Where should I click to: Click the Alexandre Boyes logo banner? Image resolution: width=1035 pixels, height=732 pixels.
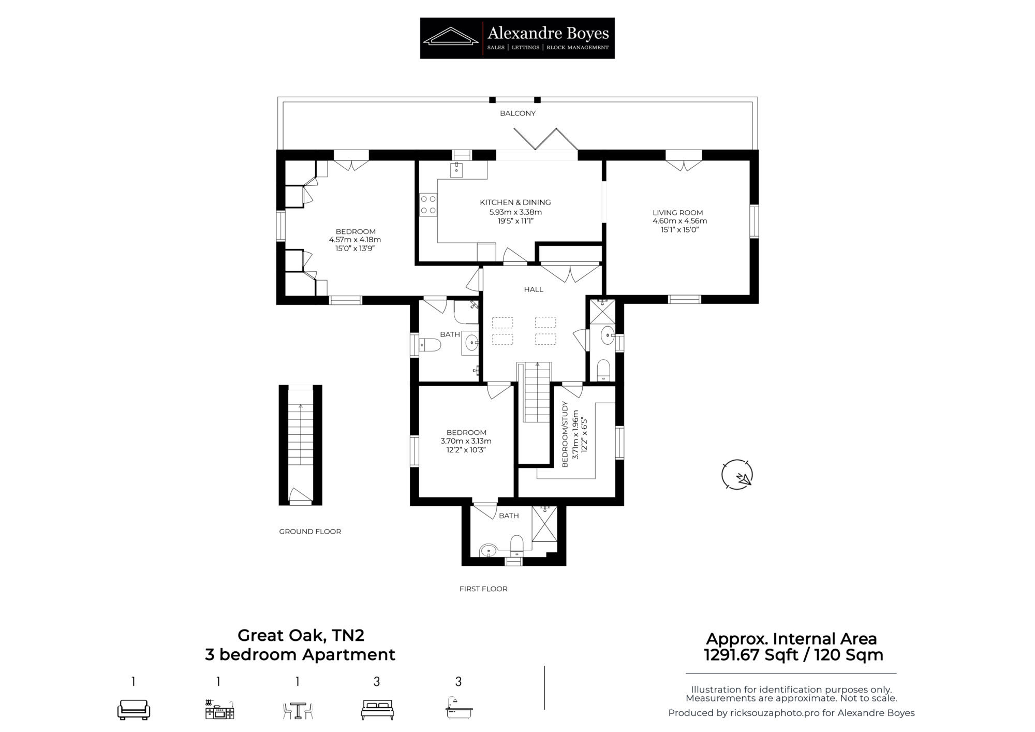pyautogui.click(x=517, y=38)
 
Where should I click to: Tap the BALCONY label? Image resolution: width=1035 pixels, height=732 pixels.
pyautogui.click(x=517, y=113)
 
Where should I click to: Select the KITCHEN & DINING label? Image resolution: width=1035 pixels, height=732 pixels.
pyautogui.click(x=515, y=202)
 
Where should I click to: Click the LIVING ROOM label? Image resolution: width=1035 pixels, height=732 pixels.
pyautogui.click(x=677, y=212)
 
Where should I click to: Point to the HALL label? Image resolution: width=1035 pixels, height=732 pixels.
pyautogui.click(x=534, y=289)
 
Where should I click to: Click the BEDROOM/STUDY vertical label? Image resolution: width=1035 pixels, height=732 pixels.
pyautogui.click(x=565, y=434)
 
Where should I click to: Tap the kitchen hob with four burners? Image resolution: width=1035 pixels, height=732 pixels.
pyautogui.click(x=428, y=204)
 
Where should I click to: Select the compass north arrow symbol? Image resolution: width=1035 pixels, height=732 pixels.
pyautogui.click(x=737, y=475)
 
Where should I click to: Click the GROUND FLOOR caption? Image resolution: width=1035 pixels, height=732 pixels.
pyautogui.click(x=310, y=531)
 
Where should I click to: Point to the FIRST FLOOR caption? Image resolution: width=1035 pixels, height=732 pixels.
pyautogui.click(x=483, y=589)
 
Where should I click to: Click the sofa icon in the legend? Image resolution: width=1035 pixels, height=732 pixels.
pyautogui.click(x=134, y=709)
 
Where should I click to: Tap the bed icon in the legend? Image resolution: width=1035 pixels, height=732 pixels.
pyautogui.click(x=377, y=709)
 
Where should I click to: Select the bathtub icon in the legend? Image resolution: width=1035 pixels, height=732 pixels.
pyautogui.click(x=459, y=708)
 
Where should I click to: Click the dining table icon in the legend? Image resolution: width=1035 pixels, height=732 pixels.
pyautogui.click(x=298, y=710)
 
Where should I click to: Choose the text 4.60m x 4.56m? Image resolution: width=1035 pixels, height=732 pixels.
pyautogui.click(x=679, y=221)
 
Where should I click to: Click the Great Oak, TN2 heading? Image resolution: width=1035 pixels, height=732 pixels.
pyautogui.click(x=301, y=635)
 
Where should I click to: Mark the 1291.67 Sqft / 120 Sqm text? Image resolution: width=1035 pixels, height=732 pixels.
pyautogui.click(x=793, y=655)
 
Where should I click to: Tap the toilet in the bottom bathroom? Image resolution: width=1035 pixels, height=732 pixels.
pyautogui.click(x=517, y=544)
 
